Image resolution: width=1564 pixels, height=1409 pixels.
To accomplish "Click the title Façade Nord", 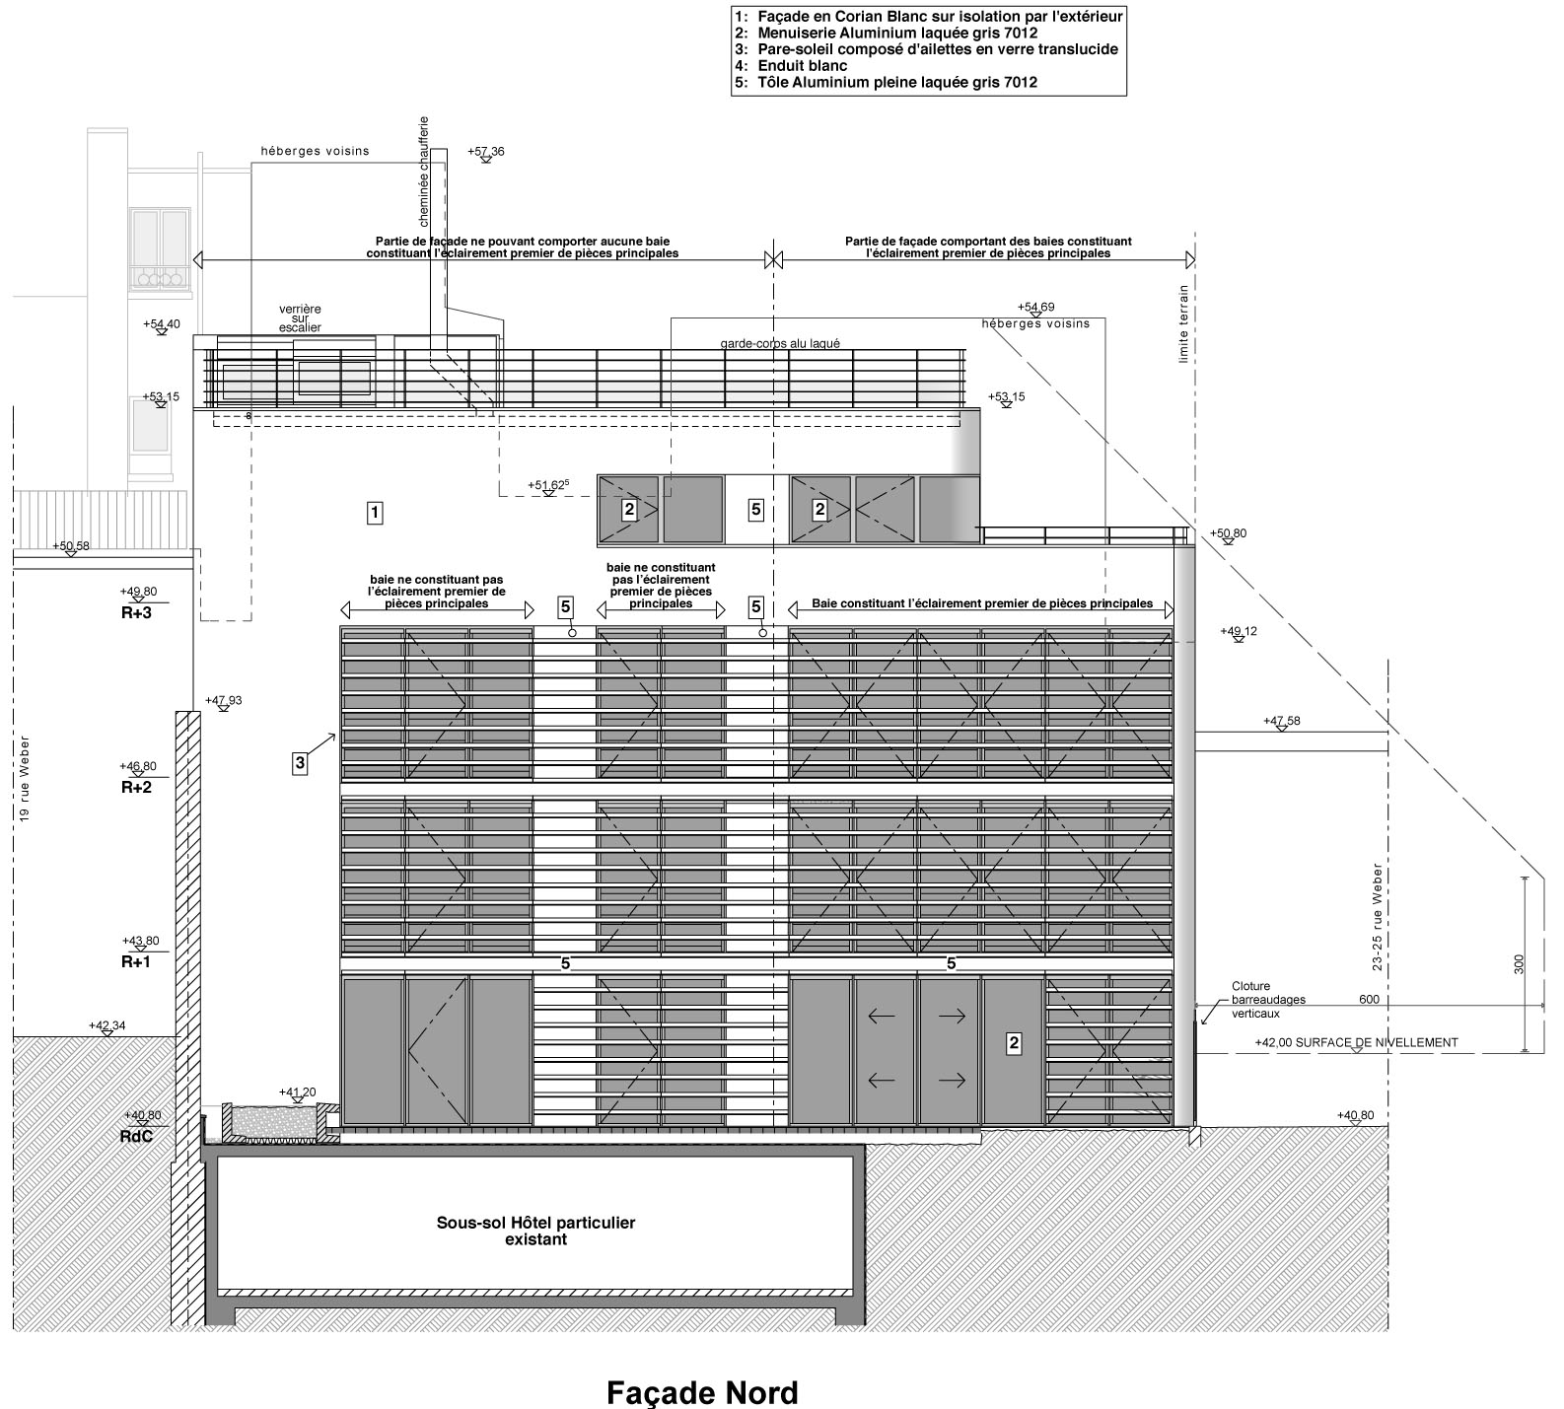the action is pos(702,1392).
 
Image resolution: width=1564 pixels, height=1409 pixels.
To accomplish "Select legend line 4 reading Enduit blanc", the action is pos(790,66).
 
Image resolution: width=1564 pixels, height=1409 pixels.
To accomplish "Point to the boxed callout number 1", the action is pos(375,513).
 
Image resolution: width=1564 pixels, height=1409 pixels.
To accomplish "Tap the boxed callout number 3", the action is pos(301,762).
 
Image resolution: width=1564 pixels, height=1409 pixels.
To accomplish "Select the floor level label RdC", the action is pos(136,1135).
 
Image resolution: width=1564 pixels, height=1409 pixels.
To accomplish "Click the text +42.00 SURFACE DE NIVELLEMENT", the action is pos(1356,1042).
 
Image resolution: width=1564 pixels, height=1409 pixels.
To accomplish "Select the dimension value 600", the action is pos(1369,1000).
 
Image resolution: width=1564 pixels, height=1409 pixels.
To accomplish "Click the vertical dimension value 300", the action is pos(1519,963).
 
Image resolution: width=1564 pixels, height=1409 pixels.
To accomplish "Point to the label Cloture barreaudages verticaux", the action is pos(1268,999).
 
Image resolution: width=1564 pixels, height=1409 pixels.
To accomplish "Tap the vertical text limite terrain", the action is pos(1184,324).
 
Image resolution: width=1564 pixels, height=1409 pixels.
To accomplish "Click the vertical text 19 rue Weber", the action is pos(25,779).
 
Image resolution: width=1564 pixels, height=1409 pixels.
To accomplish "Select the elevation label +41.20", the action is pos(297,1092).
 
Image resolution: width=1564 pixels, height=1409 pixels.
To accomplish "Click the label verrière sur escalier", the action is pos(300,317).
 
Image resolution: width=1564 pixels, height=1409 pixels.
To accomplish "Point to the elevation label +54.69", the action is pos(1035,307).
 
